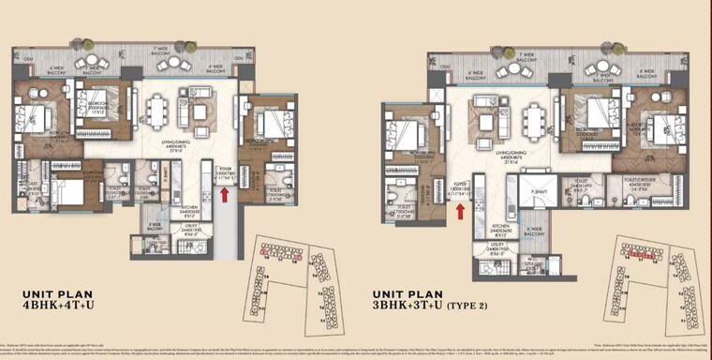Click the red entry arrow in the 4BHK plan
point(224,194)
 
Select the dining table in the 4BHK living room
point(157,112)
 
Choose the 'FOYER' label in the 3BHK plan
point(459,185)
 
